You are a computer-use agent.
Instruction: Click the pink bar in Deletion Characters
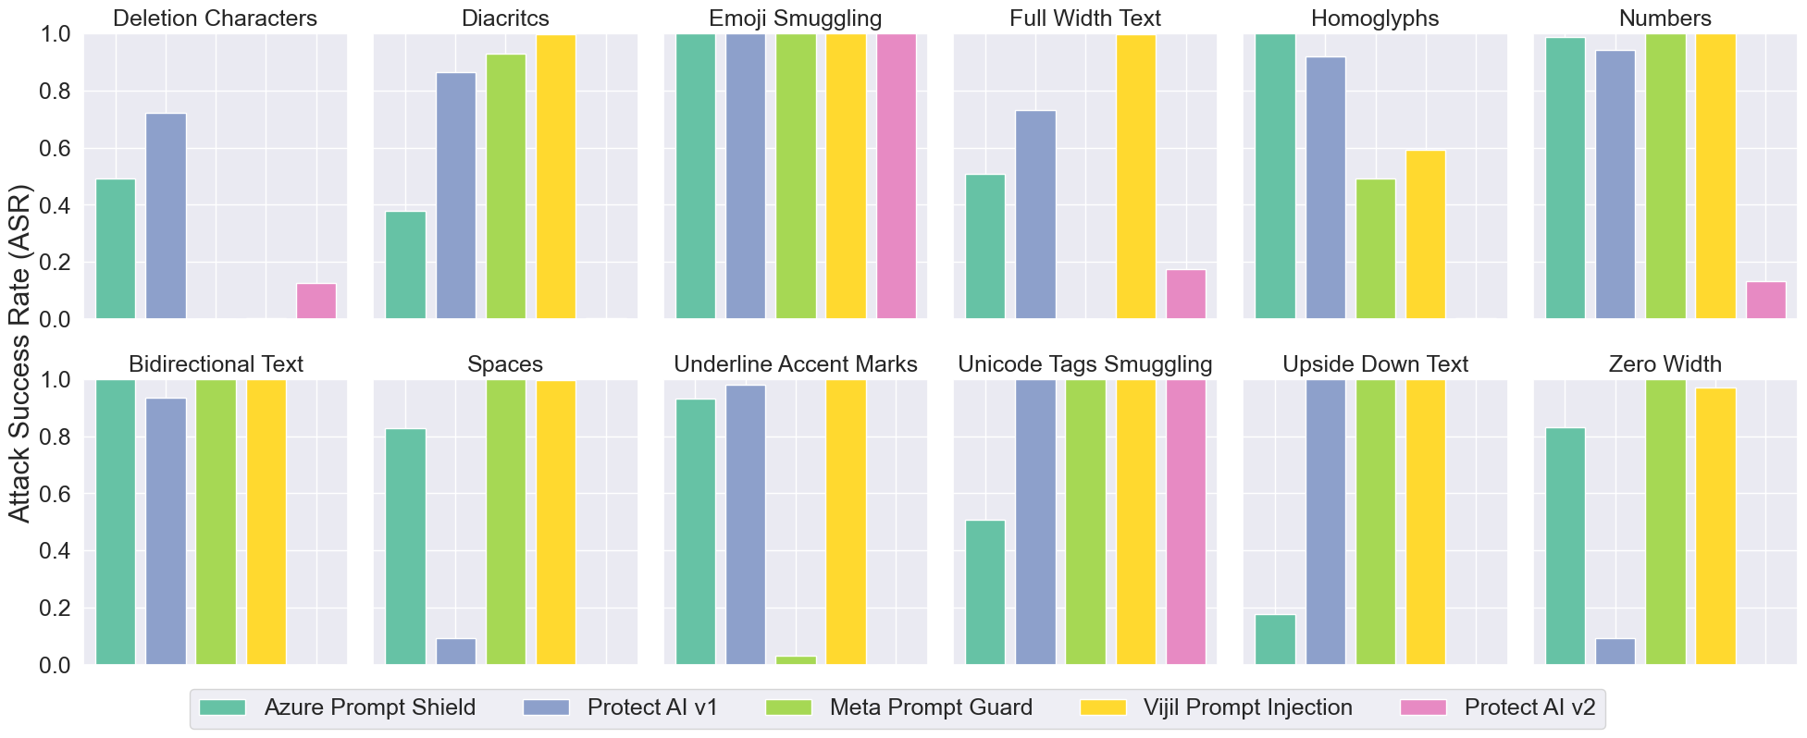(316, 301)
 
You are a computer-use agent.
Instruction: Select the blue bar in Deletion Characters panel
(166, 216)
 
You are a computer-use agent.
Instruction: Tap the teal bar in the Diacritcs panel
(405, 265)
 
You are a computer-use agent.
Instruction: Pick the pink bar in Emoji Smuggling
(896, 176)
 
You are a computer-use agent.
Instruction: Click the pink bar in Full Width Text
(1185, 294)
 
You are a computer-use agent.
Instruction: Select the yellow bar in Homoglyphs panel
(1425, 235)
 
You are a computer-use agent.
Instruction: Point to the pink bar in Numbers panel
(1765, 301)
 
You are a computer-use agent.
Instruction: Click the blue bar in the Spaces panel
(455, 651)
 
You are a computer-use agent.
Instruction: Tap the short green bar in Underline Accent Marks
(796, 659)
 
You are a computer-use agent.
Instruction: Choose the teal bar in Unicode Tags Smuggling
(985, 592)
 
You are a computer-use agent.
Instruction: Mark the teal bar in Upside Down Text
(1275, 639)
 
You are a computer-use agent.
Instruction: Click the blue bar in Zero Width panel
(1615, 651)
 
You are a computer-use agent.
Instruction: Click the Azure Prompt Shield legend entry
(369, 707)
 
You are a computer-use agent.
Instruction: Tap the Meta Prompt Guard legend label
(930, 707)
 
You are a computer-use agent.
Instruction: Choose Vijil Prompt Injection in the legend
(1247, 707)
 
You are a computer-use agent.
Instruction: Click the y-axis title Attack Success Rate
(19, 354)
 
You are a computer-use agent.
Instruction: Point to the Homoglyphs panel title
(1375, 18)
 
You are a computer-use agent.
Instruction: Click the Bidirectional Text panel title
(216, 364)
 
